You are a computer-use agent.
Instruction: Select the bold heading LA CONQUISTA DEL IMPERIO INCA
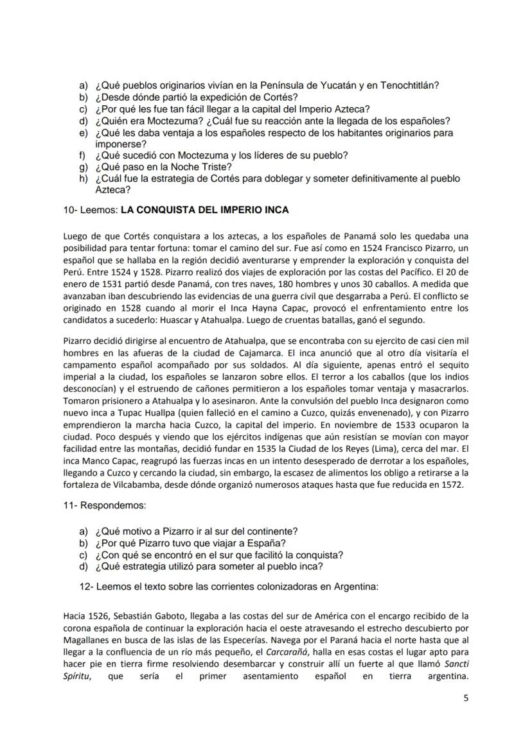coord(205,210)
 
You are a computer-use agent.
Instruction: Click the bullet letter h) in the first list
coord(83,178)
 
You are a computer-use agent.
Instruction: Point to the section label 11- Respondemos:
coord(104,506)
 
